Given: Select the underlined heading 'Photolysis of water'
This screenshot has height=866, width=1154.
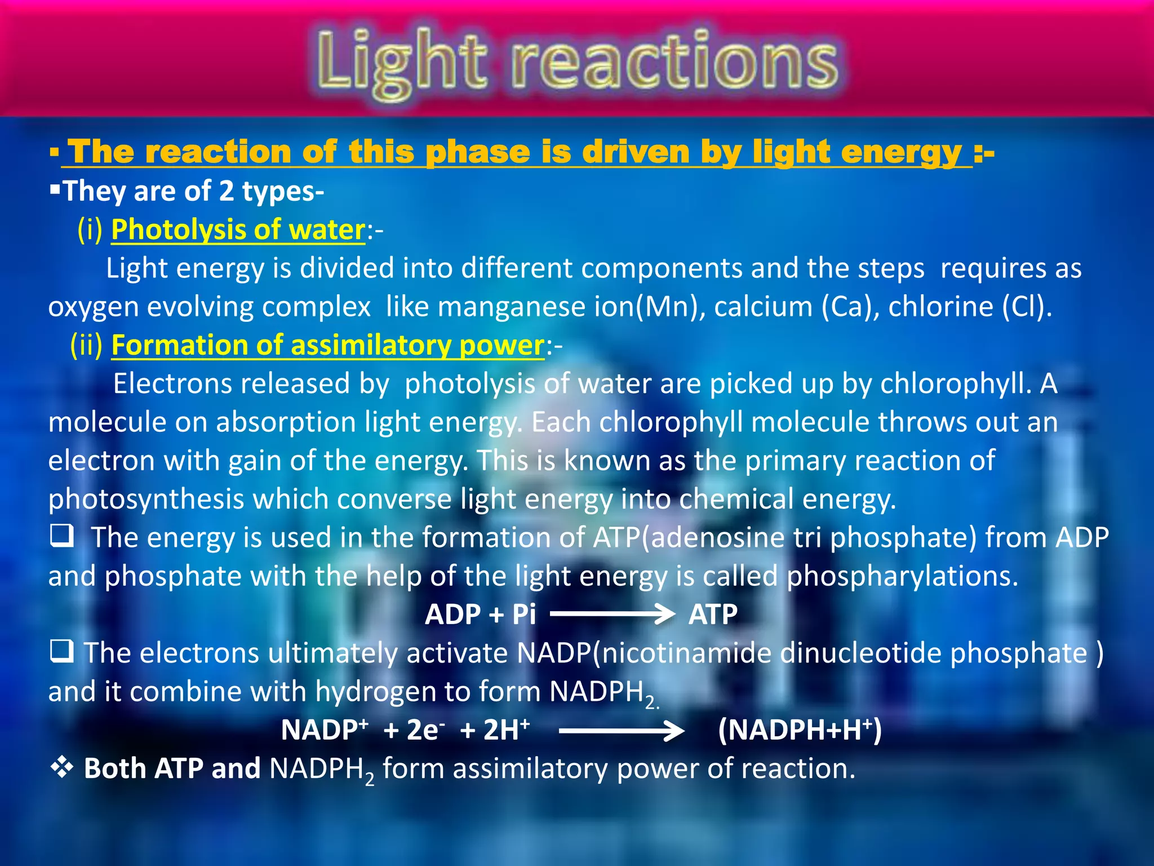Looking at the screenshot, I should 238,230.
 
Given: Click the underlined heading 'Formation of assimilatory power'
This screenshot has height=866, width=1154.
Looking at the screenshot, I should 327,345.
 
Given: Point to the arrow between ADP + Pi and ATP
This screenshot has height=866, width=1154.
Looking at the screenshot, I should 612,613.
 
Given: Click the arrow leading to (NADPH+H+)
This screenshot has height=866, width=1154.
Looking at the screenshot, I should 622,731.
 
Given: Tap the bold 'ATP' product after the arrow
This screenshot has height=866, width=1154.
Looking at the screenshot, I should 713,614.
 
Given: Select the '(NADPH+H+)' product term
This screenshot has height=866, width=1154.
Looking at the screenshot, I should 800,730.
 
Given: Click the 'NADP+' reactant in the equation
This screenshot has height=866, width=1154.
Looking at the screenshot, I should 324,730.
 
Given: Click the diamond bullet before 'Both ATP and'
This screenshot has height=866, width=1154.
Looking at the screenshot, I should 61,767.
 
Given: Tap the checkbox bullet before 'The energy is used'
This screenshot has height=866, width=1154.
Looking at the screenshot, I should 61,536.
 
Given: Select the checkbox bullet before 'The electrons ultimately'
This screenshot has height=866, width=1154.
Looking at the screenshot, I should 61,652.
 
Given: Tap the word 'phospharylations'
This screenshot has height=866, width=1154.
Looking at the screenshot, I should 902,576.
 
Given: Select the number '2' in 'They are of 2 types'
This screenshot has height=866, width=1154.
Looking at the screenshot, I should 226,191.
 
